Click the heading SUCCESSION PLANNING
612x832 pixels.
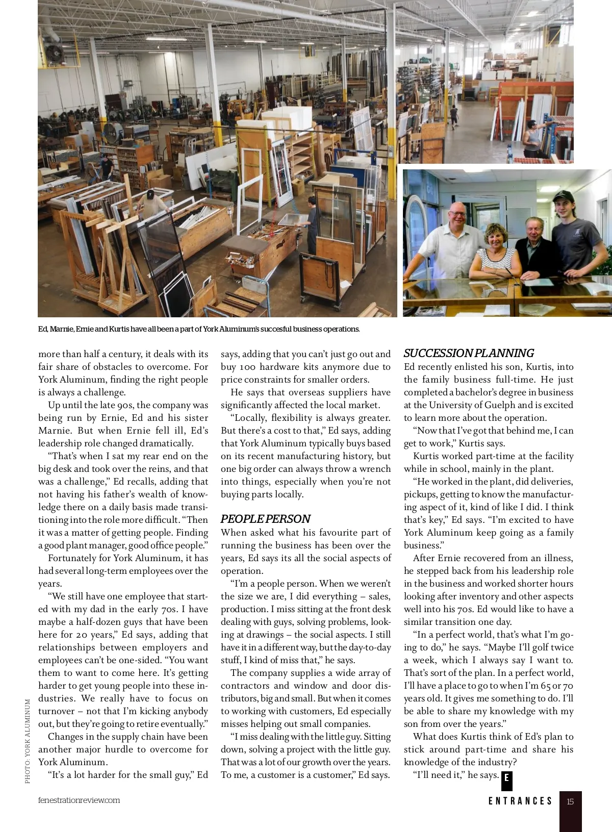[x=468, y=353]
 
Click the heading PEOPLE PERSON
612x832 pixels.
[x=265, y=519]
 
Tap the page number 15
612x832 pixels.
[x=570, y=801]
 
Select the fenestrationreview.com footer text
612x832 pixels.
[x=79, y=800]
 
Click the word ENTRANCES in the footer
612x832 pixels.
[x=520, y=801]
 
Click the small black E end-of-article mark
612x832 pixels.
[x=506, y=778]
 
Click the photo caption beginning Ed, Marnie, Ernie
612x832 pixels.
[x=199, y=329]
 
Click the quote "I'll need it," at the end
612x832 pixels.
[x=439, y=775]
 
